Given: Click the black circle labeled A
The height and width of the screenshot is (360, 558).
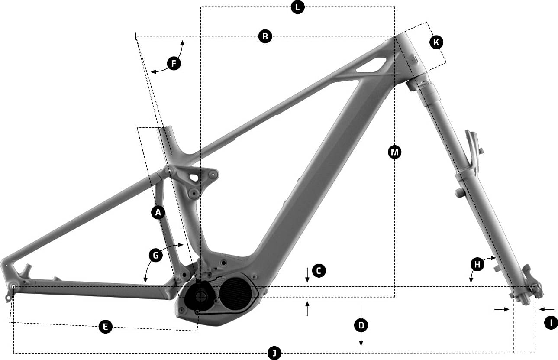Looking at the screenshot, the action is pos(158,213).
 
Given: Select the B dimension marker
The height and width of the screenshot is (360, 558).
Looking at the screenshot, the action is pos(265,36).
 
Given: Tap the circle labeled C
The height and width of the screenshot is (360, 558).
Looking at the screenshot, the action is pos(319,271).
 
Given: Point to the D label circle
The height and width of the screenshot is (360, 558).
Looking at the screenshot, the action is pos(361,325).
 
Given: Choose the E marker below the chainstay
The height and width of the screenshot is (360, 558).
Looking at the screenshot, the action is pos(105,327).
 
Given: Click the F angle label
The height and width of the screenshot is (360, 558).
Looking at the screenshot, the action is pos(174,63).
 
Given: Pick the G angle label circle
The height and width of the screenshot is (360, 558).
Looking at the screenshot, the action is pos(156,255).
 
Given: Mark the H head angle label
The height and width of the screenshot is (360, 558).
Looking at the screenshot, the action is pos(477,264).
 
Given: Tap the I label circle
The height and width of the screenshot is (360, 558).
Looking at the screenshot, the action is pos(551,323).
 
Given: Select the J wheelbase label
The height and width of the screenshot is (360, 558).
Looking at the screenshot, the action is pos(274,353).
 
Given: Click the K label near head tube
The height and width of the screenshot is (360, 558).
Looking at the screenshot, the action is pos(436,42).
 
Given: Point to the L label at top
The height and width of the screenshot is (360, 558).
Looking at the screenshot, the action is pos(298,7).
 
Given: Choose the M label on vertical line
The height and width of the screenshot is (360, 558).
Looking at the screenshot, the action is pos(395,152).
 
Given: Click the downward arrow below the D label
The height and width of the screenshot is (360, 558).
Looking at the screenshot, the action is pos(361,340).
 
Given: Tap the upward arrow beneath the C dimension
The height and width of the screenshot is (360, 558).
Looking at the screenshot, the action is pos(307,308).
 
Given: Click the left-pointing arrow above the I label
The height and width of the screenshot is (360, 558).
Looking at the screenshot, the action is pos(547,309).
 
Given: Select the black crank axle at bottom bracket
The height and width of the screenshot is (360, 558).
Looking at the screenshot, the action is pos(200,296).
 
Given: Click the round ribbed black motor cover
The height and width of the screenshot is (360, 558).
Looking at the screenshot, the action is pos(235,294).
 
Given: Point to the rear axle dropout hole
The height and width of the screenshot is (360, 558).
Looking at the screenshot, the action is pos(13,286).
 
